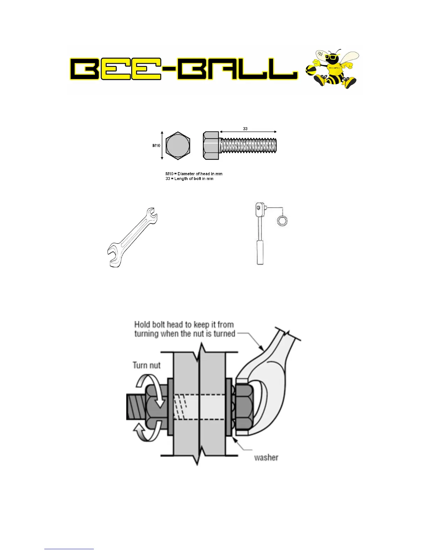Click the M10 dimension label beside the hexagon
coord(156,146)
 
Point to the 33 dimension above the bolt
coord(245,129)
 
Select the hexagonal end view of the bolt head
coord(178,146)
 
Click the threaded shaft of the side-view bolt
coord(248,145)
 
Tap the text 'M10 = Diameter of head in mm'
coord(194,174)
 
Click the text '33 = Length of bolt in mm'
coord(189,178)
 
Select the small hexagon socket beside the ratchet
coord(283,221)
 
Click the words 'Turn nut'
coord(147,365)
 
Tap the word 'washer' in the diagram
coord(266,457)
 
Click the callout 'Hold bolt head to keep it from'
coord(184,324)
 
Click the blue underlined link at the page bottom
coord(69,549)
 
